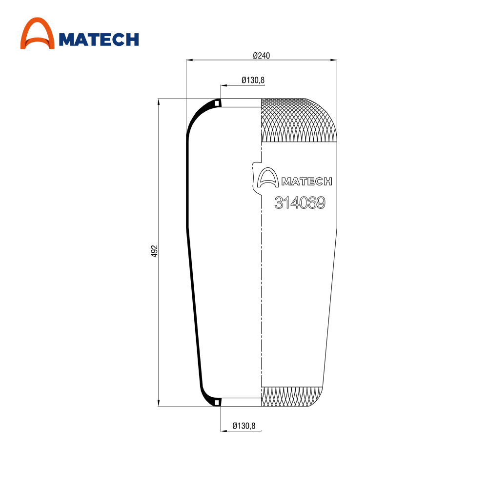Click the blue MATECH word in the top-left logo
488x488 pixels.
[x=99, y=40]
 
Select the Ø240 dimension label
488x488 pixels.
[x=262, y=56]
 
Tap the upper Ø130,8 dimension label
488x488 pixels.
[x=253, y=81]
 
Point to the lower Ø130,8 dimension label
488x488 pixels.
[x=244, y=426]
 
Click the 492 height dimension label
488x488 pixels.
[x=154, y=251]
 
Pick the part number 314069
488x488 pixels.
[x=300, y=203]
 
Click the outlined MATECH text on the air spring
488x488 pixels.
[x=307, y=182]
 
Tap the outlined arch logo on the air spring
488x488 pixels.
[x=267, y=178]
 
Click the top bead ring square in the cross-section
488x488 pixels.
[x=217, y=102]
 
